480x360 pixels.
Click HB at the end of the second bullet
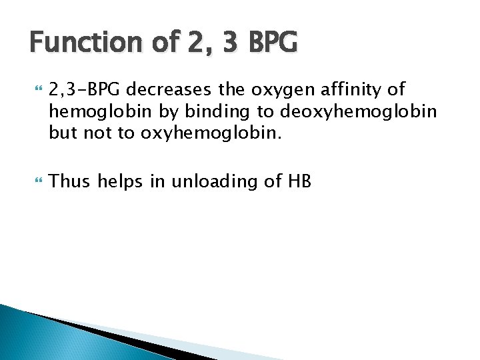tap(299, 181)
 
